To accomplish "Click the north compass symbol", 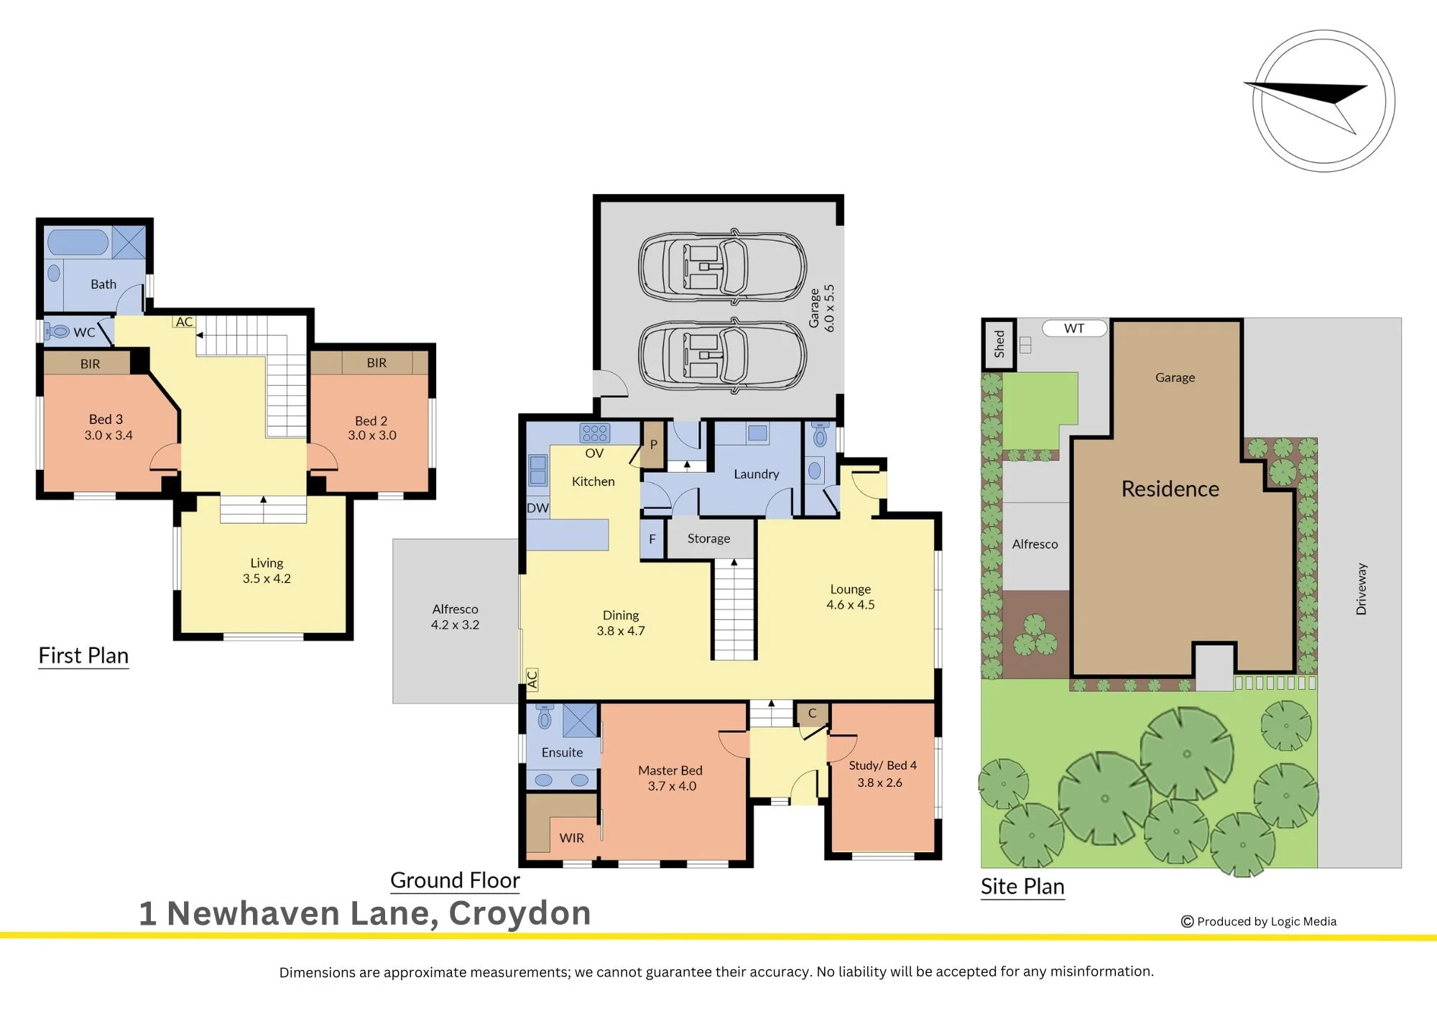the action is point(1323,101).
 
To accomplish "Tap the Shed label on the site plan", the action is point(999,344).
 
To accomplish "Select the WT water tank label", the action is point(1074,328).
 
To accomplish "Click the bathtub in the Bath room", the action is point(78,242).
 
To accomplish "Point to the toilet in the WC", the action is point(57,331).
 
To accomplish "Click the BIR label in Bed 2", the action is point(376,363).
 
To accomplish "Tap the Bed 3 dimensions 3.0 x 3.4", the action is point(108,435).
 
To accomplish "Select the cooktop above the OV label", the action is point(595,433).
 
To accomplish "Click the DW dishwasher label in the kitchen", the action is point(537,508).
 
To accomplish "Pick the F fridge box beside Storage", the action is point(652,539).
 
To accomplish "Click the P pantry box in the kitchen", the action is point(653,445).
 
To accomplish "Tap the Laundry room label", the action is point(756,474).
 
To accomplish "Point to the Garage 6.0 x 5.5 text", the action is point(822,308).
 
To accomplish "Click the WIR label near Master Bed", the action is point(571,838).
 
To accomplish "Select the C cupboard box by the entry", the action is point(812,713).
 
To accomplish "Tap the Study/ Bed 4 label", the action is point(882,766).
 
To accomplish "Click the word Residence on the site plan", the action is point(1170,489).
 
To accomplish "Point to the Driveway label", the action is point(1361,588).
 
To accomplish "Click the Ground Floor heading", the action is point(455,880).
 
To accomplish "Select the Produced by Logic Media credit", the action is point(1259,921).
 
